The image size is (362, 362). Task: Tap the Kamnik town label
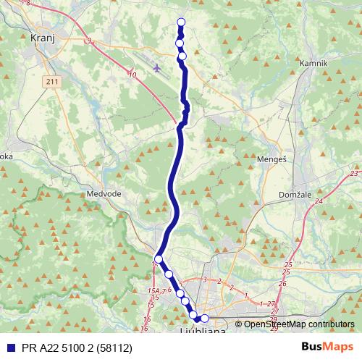(313, 63)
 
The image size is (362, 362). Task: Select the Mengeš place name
(270, 158)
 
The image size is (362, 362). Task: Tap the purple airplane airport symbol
(159, 68)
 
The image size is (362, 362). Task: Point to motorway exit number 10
(132, 74)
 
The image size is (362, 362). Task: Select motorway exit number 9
(88, 41)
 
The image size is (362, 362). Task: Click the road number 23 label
(353, 174)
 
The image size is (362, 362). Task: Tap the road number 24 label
(319, 202)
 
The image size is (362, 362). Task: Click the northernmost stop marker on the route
(181, 22)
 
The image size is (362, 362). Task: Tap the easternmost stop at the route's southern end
(204, 319)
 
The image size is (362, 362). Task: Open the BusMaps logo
(327, 346)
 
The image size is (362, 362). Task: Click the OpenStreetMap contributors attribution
(298, 324)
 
